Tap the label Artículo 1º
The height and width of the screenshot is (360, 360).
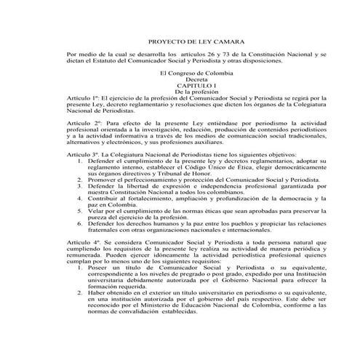point(80,99)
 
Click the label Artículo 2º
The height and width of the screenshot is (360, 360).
point(80,124)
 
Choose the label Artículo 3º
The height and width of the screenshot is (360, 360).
point(80,156)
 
